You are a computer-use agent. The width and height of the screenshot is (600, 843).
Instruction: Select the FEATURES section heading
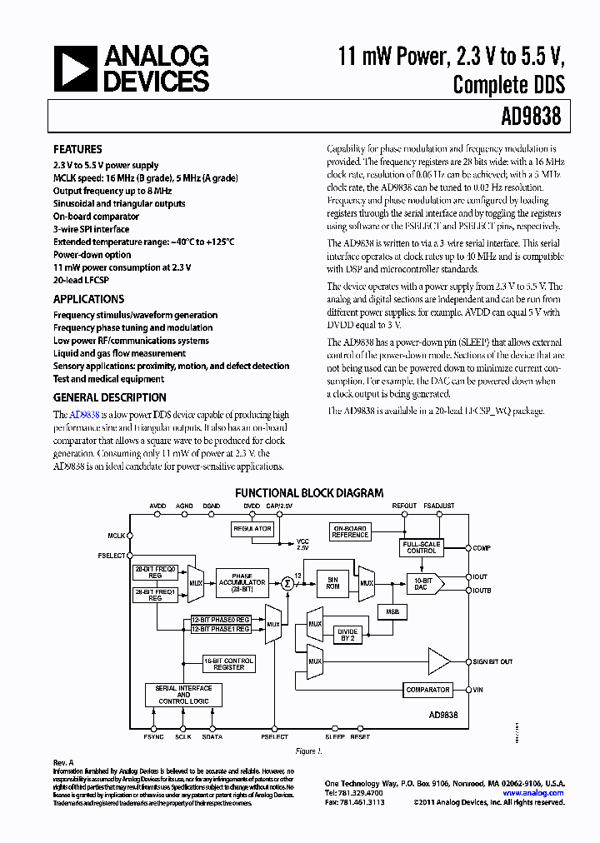point(77,149)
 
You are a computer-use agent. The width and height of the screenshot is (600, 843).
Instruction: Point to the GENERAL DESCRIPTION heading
point(109,397)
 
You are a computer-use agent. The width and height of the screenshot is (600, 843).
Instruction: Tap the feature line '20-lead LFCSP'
point(86,280)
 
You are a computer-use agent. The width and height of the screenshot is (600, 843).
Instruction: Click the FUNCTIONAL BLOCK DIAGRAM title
point(309,493)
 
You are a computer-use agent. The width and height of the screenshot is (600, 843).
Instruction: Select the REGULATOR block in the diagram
point(252,529)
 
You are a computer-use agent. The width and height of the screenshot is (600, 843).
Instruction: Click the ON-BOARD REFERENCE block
point(350,532)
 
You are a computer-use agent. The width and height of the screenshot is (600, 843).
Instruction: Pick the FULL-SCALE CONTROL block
point(421,547)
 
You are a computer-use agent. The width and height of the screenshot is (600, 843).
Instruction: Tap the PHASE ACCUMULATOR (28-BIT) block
point(242,583)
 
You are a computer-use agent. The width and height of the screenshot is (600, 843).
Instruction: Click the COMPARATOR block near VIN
point(427,690)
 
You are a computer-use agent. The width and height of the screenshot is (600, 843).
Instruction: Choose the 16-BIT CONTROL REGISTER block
point(229,664)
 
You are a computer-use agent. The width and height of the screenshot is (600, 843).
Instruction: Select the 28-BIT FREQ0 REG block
point(156,571)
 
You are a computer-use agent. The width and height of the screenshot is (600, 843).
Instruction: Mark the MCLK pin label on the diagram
point(116,536)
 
